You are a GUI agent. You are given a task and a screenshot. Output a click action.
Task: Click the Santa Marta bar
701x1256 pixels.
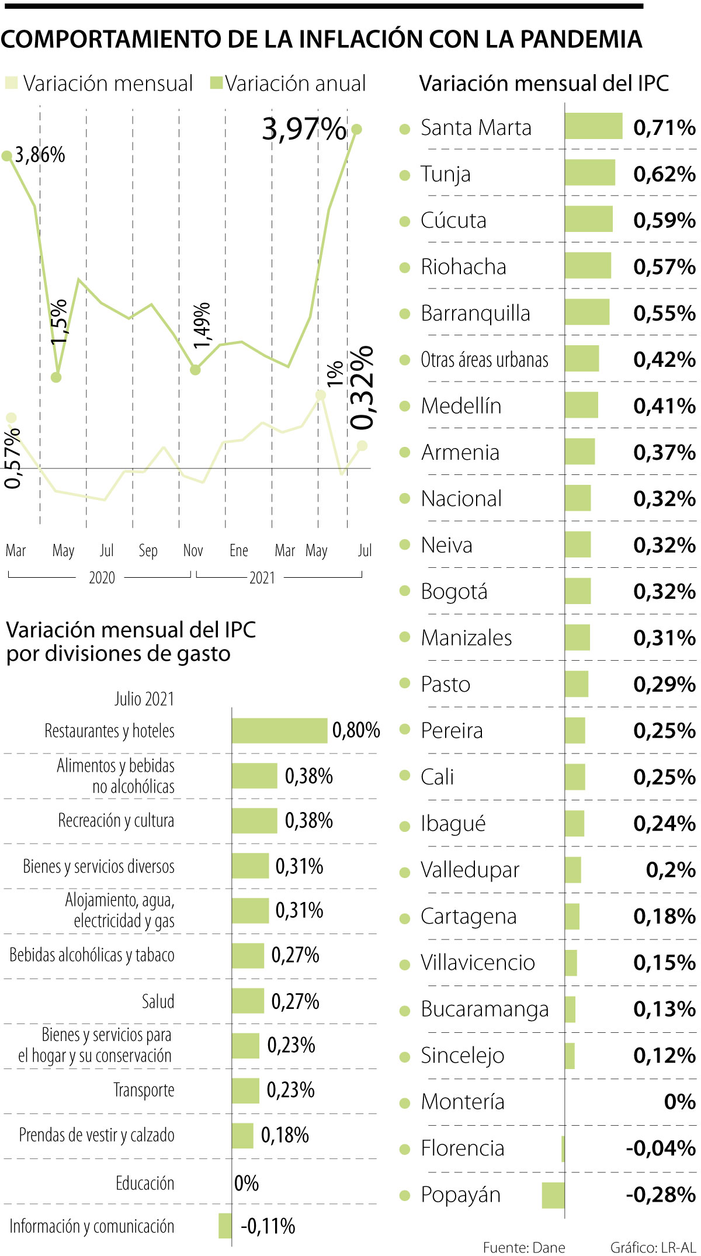594,126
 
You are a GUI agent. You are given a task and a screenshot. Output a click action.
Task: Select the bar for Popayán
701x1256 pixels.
553,1195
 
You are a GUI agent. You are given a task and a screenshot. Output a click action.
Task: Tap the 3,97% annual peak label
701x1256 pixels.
304,129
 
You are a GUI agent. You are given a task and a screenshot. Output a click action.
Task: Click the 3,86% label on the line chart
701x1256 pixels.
40,155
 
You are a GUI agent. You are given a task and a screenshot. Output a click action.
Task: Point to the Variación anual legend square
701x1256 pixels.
216,83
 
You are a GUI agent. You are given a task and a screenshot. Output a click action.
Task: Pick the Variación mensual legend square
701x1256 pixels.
11,83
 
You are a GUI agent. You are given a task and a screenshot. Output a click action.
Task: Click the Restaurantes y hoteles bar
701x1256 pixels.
279,730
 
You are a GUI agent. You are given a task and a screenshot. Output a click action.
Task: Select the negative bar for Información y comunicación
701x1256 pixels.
225,1226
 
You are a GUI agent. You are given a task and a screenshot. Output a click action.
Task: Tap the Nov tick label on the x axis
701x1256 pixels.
193,550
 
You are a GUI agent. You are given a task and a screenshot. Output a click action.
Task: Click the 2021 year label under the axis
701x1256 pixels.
262,578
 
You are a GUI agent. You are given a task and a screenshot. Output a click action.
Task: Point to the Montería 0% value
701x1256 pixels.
679,1102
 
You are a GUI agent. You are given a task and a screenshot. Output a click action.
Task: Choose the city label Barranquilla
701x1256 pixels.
476,313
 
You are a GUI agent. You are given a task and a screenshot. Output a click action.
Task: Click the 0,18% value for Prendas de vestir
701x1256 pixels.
284,1135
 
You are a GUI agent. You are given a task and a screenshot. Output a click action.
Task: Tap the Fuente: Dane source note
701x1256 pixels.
524,1247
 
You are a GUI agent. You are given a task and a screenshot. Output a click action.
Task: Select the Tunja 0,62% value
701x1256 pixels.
664,174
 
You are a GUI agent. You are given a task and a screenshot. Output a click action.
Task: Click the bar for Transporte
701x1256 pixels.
245,1090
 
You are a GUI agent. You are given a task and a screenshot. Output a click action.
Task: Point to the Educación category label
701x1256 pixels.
145,1183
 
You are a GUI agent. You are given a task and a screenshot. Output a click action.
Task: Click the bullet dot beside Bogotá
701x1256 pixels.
405,591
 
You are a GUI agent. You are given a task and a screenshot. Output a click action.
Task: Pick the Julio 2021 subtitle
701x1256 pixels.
144,699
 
